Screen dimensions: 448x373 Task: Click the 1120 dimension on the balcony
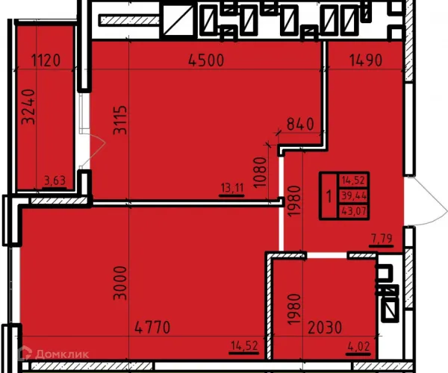point(46,60)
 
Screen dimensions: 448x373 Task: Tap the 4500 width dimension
point(207,60)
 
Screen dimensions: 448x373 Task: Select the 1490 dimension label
point(366,60)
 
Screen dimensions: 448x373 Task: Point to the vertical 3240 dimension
point(29,107)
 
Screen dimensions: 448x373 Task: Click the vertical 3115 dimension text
point(120,120)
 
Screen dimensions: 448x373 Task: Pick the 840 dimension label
point(300,125)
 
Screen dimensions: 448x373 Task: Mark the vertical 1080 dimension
point(260,172)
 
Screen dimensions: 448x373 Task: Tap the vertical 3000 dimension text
point(120,283)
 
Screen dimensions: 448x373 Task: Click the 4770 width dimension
point(152,327)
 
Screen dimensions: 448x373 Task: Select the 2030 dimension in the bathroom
point(325,327)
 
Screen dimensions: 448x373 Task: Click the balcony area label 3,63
point(55,181)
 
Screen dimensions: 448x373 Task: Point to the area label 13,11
point(232,188)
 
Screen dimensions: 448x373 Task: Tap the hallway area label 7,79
point(382,238)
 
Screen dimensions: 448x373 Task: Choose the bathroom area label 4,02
point(359,347)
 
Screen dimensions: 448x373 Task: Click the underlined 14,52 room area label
point(244,346)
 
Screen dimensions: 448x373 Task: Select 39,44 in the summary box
point(354,195)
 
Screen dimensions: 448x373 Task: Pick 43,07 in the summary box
point(354,211)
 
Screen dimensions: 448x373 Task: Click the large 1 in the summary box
point(329,196)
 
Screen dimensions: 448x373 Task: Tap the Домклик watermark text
point(62,354)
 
